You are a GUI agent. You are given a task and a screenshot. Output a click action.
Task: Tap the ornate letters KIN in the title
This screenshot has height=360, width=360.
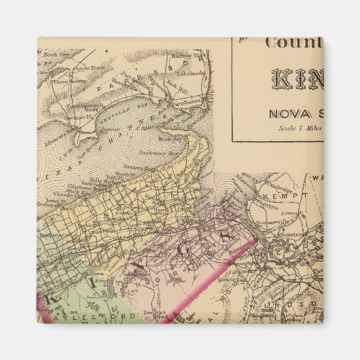click(x=297, y=77)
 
